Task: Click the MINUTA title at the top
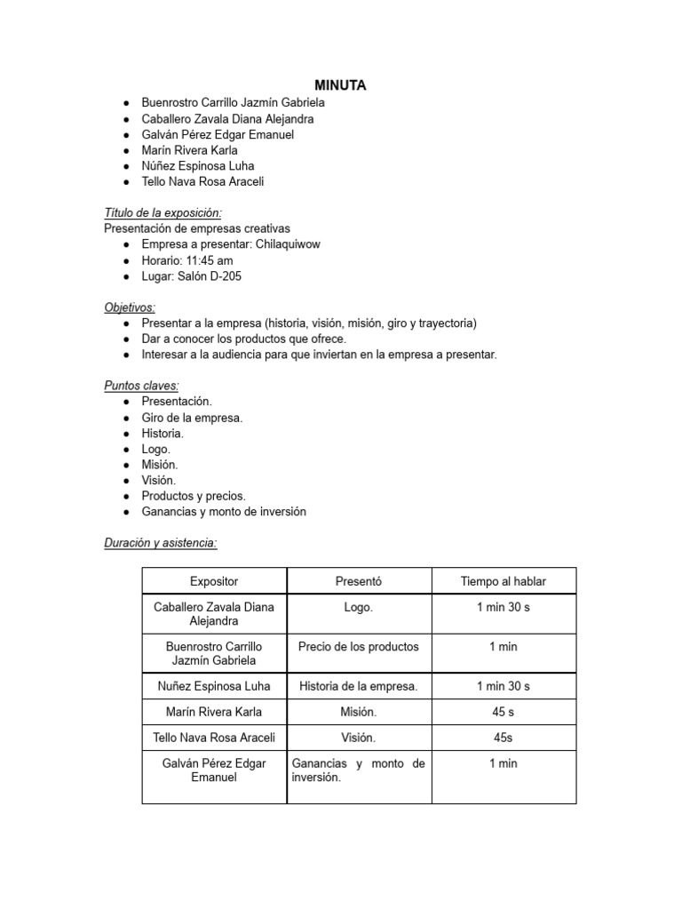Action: click(x=341, y=85)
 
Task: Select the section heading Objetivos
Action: click(x=130, y=307)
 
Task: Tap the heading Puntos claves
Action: click(x=141, y=386)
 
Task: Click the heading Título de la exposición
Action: click(x=163, y=213)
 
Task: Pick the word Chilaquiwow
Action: click(x=289, y=244)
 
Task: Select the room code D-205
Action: click(x=223, y=276)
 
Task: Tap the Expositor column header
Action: click(x=214, y=581)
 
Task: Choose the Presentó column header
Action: click(x=359, y=581)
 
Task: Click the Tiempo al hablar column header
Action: click(x=504, y=581)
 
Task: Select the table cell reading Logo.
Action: click(x=359, y=607)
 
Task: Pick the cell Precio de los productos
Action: click(x=359, y=646)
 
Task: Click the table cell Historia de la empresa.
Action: click(x=359, y=686)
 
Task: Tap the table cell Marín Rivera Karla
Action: click(x=214, y=712)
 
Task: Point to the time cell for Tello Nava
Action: click(x=504, y=738)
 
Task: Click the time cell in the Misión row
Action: click(x=504, y=712)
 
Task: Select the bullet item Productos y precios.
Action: click(x=194, y=496)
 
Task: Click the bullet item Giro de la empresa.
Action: click(x=192, y=418)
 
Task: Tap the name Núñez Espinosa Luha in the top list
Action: click(x=197, y=166)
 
